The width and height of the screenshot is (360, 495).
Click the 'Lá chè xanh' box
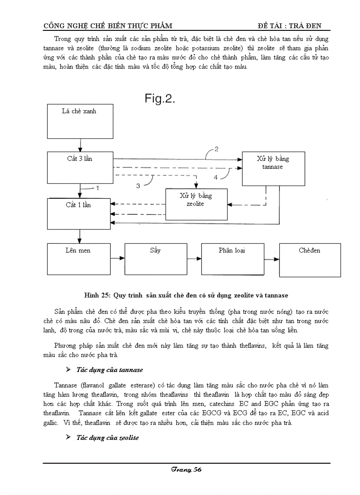coord(79,121)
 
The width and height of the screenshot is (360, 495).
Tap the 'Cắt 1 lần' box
coord(79,214)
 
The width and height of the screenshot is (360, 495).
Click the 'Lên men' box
coord(79,259)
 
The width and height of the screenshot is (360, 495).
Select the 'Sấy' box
coord(156,259)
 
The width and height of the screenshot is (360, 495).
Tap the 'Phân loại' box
coord(232,259)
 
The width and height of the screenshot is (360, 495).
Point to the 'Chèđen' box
coord(310,260)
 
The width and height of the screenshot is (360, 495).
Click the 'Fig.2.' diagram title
coord(160,99)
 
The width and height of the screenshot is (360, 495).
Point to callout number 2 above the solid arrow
coord(216,149)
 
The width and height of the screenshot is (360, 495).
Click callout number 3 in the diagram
coord(138,186)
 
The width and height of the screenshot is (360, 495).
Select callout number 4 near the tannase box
coord(216,177)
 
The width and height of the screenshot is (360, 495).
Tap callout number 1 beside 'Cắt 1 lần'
coord(97,188)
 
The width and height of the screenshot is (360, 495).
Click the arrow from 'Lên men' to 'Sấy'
coord(117,258)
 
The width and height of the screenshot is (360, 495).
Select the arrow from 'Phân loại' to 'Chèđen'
coord(271,259)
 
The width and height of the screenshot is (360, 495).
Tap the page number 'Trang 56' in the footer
coord(186,470)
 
